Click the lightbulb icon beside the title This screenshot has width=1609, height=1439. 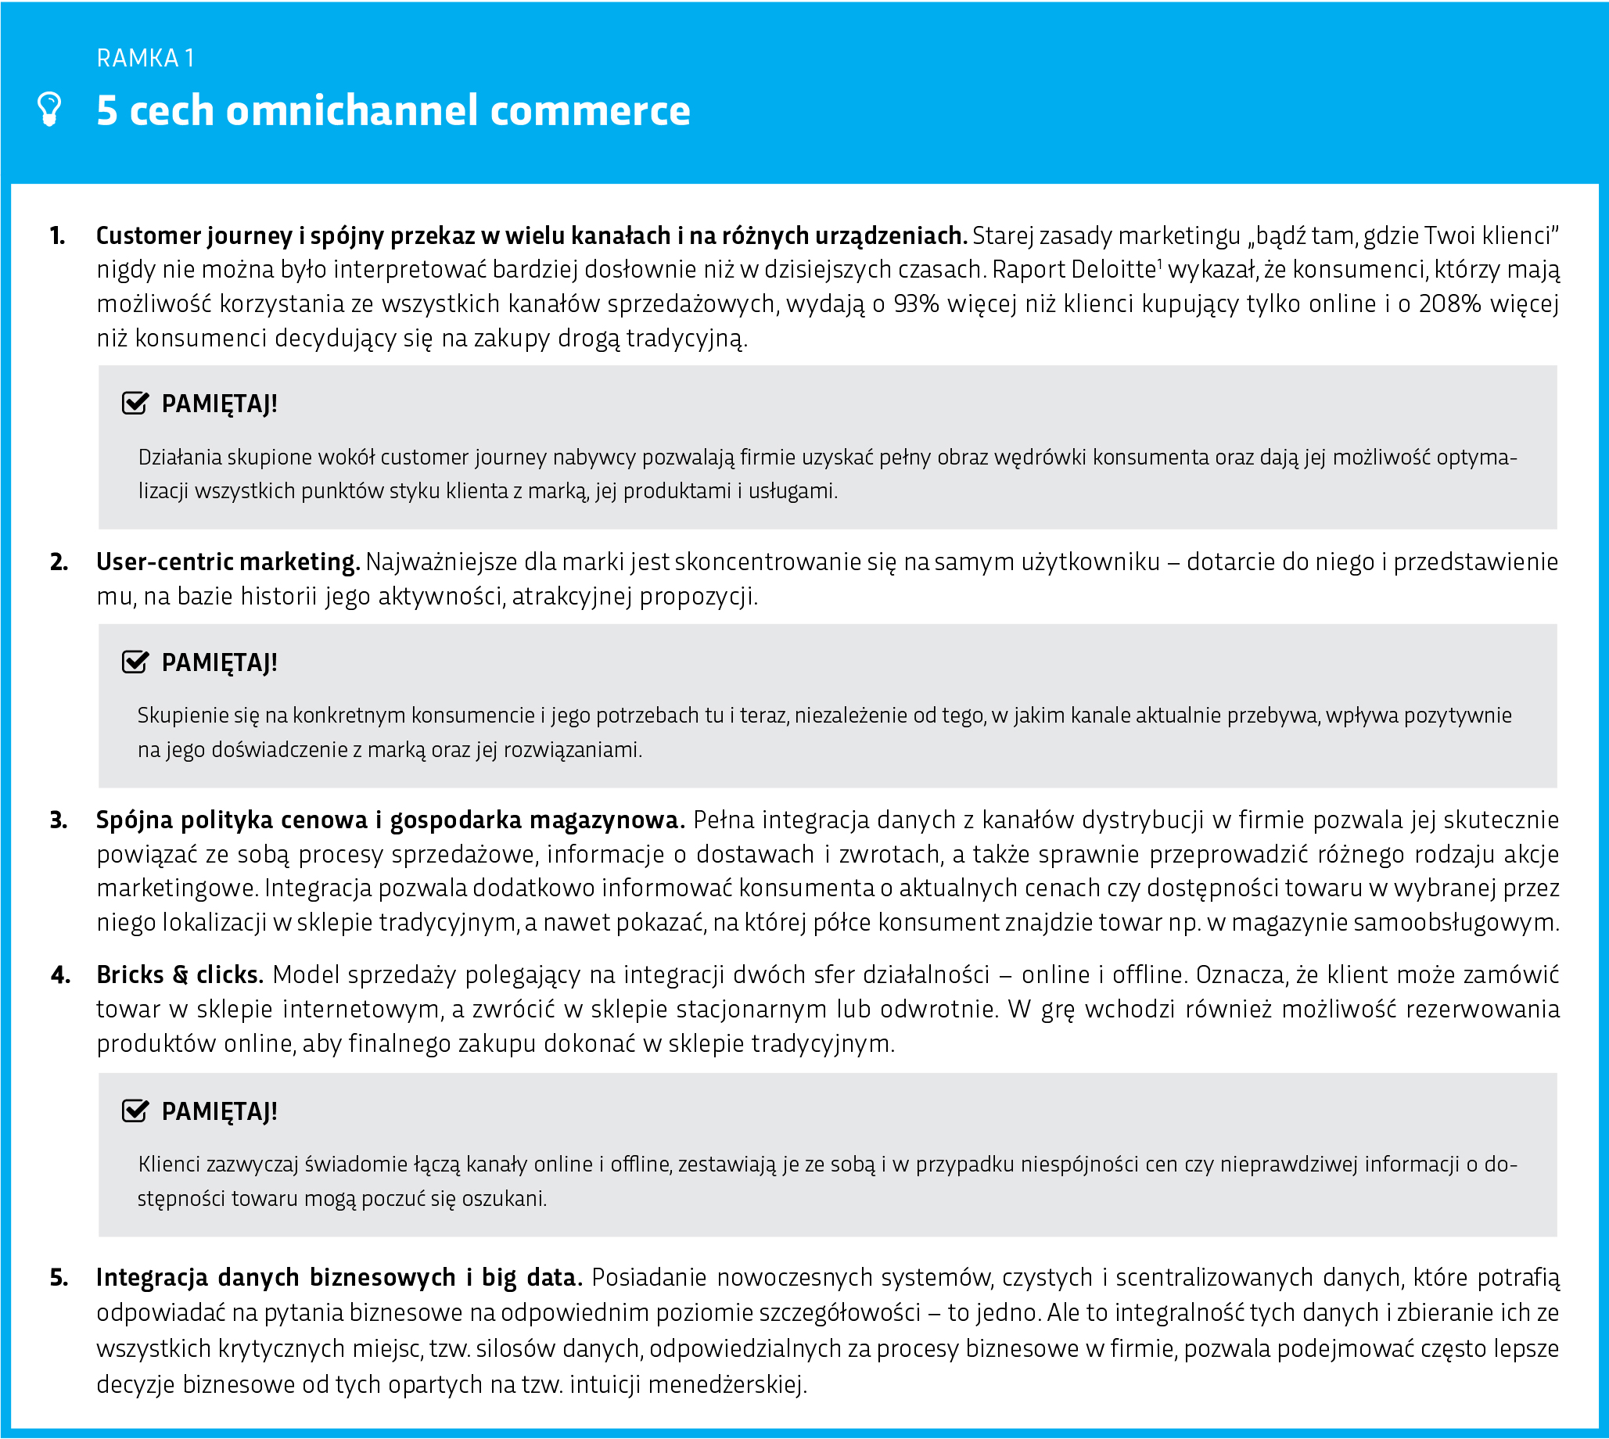click(50, 109)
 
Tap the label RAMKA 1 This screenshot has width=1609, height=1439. click(145, 58)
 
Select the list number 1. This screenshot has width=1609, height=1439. click(57, 235)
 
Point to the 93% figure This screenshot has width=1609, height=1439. click(916, 303)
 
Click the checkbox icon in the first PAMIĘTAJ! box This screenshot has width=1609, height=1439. click(135, 404)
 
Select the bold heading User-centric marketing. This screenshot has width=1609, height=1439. click(228, 562)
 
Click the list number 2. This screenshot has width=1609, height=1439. click(59, 562)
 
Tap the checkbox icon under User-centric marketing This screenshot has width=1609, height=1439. click(135, 662)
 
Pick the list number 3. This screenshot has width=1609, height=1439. click(59, 820)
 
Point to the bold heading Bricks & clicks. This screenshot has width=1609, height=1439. click(179, 975)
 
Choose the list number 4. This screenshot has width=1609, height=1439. click(60, 975)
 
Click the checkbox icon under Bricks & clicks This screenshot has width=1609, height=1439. click(135, 1111)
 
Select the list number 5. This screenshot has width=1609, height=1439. click(59, 1278)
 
